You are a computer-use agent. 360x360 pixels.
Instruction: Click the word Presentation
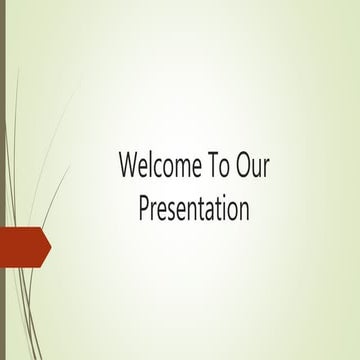tap(193, 210)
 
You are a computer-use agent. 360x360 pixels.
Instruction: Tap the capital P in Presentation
tap(143, 210)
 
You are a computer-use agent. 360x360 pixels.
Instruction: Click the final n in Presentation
tap(242, 212)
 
